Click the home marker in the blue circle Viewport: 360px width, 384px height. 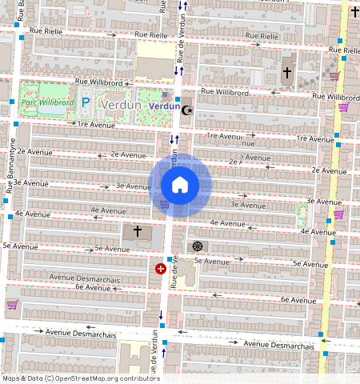point(180,186)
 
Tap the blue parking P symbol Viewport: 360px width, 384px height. point(85,103)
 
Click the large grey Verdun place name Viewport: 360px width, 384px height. point(121,105)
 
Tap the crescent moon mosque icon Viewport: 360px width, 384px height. point(187,110)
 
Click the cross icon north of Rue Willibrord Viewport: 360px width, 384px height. point(286,73)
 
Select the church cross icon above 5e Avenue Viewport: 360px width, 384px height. point(137,231)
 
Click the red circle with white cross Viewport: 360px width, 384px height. point(161,270)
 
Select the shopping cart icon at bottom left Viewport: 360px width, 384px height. point(12,304)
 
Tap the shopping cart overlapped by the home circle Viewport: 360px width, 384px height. point(165,204)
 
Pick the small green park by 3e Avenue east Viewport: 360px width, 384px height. point(302,214)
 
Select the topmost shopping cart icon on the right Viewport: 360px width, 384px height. point(334,76)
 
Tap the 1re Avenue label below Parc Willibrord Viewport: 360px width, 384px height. point(93,125)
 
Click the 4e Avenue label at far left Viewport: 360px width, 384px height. point(32,214)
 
